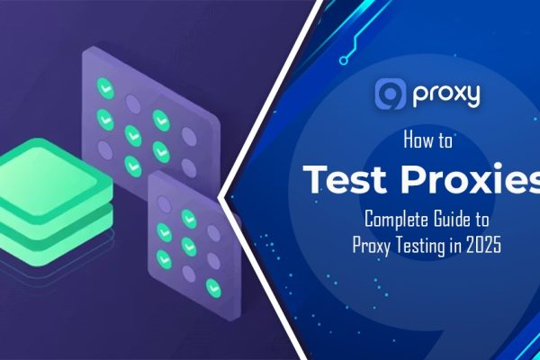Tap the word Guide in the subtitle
pyautogui.click(x=459, y=218)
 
